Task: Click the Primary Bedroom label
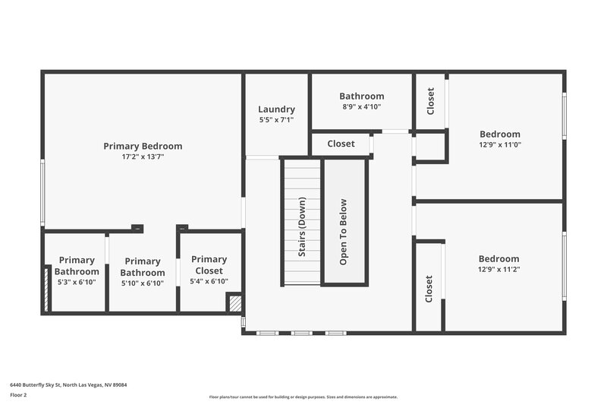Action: pyautogui.click(x=143, y=146)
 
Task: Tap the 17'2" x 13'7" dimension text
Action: pyautogui.click(x=143, y=157)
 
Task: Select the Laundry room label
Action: pyautogui.click(x=276, y=109)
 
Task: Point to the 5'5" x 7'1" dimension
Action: pyautogui.click(x=276, y=120)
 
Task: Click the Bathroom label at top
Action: pyautogui.click(x=361, y=97)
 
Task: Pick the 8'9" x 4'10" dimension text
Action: pyautogui.click(x=361, y=107)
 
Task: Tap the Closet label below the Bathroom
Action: pyautogui.click(x=341, y=144)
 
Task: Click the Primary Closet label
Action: pyautogui.click(x=209, y=265)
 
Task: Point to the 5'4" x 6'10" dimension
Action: pyautogui.click(x=209, y=282)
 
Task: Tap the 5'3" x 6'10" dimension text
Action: pyautogui.click(x=77, y=282)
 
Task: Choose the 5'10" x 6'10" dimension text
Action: pyautogui.click(x=143, y=283)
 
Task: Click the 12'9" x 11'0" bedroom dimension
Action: pyautogui.click(x=499, y=144)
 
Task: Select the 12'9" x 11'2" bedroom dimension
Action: pyautogui.click(x=499, y=269)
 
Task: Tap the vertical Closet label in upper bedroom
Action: pyautogui.click(x=430, y=102)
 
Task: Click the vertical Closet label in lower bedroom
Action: pyautogui.click(x=429, y=289)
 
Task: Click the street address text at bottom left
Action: pyautogui.click(x=68, y=385)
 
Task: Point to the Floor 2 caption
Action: pyautogui.click(x=18, y=395)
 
